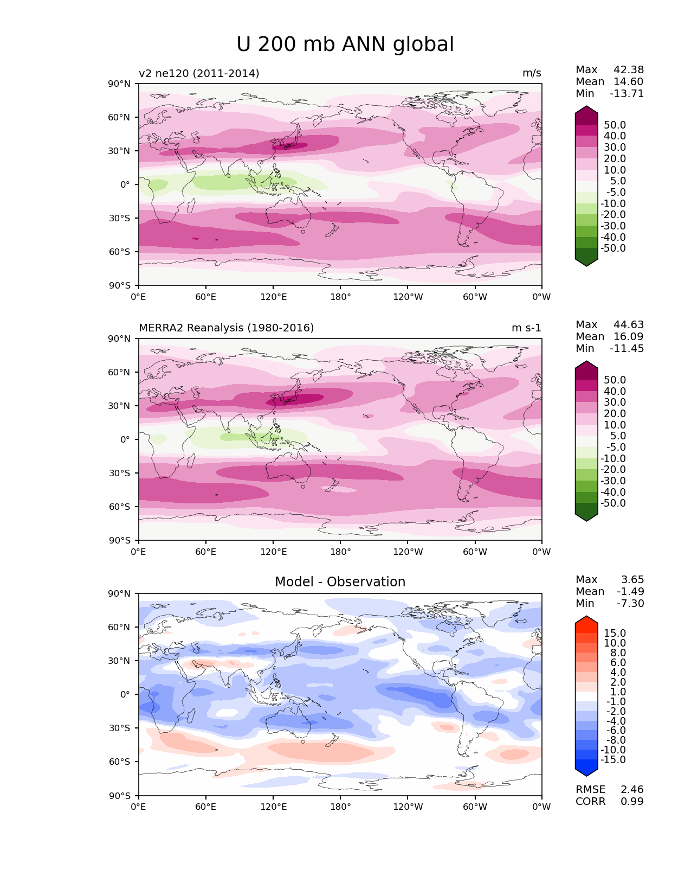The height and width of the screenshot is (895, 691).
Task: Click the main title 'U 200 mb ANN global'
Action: point(345,44)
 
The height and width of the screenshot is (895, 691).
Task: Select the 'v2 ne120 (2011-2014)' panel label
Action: point(199,73)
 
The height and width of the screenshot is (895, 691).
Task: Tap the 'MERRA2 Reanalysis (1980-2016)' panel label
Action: point(226,328)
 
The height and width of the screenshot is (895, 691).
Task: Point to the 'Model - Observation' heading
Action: point(340,581)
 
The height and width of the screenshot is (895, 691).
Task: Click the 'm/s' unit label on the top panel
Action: point(532,73)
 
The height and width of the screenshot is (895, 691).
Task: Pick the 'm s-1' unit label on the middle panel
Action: point(526,328)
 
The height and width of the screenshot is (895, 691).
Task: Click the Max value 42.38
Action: point(629,69)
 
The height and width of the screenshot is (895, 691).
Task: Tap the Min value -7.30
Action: point(630,603)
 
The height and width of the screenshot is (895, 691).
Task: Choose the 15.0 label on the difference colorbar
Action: point(615,633)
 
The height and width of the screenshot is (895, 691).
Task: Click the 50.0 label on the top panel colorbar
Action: point(615,125)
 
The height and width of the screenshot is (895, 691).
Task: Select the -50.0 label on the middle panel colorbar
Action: point(613,503)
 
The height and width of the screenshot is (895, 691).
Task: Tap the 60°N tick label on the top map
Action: point(119,117)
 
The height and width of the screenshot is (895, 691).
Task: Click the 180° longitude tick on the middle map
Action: point(340,552)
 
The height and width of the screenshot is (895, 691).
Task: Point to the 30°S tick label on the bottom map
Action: point(119,728)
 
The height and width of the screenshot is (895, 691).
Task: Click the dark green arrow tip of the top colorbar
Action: point(586,266)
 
